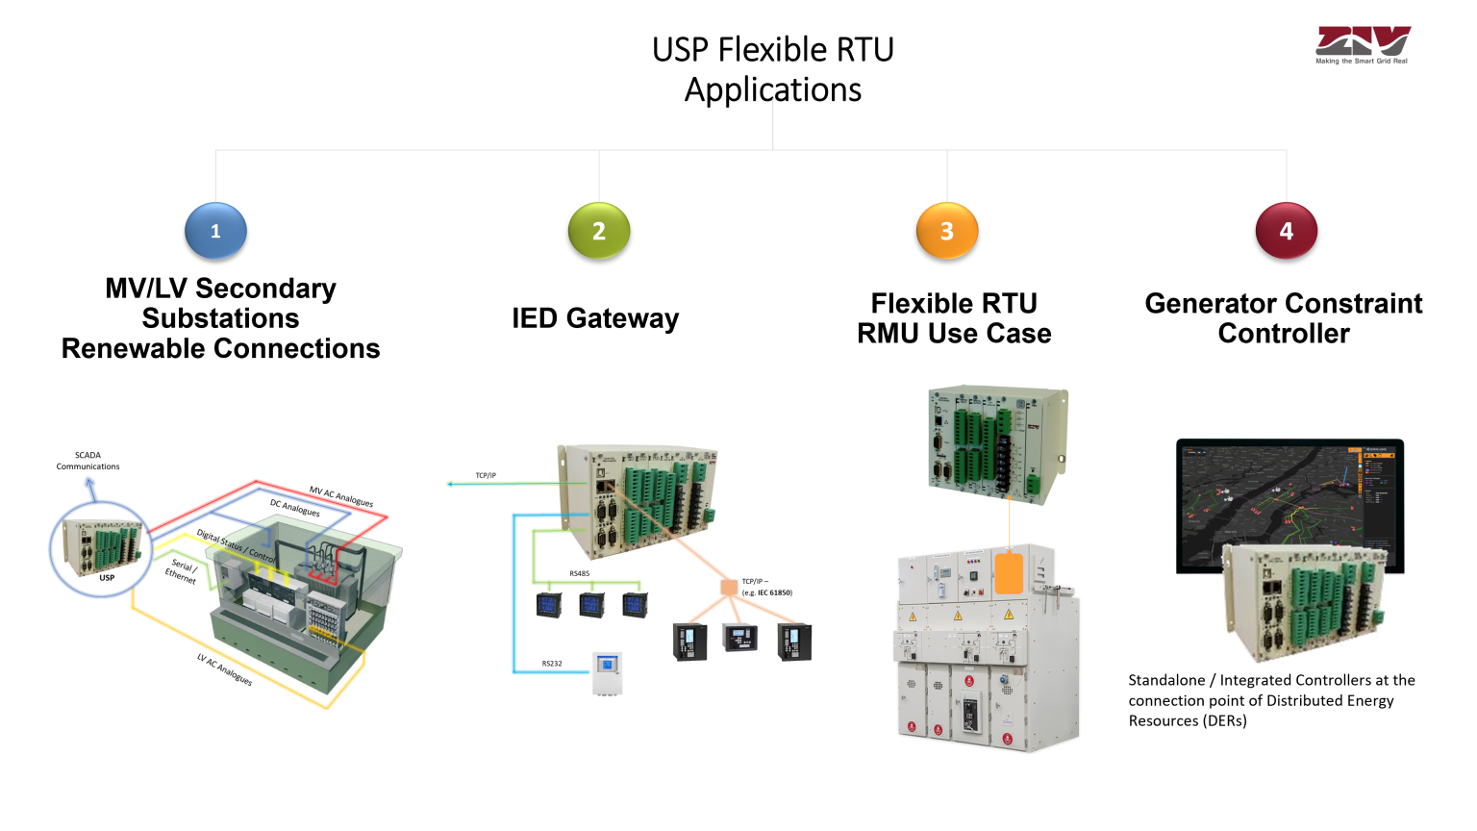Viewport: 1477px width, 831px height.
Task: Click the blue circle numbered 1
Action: tap(215, 231)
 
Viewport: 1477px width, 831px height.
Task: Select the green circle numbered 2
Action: tap(599, 231)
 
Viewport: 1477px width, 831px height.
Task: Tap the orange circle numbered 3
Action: tap(947, 231)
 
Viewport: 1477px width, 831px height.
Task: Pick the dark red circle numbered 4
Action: tap(1286, 231)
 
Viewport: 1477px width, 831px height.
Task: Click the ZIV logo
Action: tap(1362, 44)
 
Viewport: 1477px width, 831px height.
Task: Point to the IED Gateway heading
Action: tap(595, 318)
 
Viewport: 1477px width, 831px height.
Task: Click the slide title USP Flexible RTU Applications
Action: tap(773, 69)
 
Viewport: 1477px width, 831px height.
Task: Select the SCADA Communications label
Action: tap(88, 461)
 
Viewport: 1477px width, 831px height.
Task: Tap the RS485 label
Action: tap(579, 574)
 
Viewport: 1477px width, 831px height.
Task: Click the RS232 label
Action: tap(552, 664)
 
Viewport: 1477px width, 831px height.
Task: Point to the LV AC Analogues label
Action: tap(225, 669)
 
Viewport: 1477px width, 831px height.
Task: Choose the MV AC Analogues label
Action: tap(341, 496)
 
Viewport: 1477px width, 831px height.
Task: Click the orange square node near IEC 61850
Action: tap(729, 587)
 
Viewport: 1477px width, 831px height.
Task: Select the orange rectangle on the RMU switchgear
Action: tap(1009, 573)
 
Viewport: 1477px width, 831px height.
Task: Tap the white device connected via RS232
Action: tap(608, 673)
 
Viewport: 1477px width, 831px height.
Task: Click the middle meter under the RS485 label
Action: tap(591, 605)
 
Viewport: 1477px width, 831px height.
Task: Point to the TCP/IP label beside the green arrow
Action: tap(486, 476)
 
